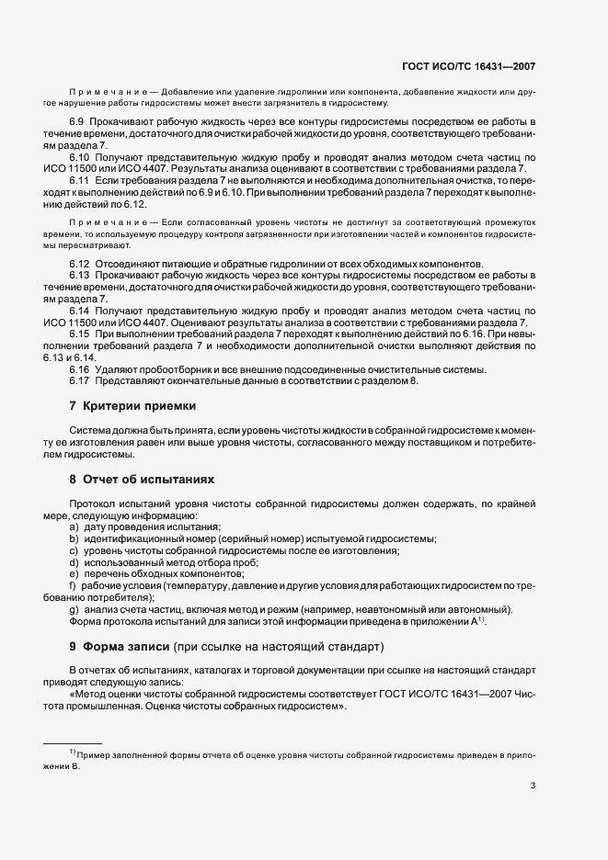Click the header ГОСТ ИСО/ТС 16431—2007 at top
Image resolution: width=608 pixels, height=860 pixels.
(469, 66)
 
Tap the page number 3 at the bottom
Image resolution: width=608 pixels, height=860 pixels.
(533, 786)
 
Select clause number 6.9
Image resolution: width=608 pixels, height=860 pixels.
(77, 122)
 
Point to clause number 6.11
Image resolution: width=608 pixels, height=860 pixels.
(79, 181)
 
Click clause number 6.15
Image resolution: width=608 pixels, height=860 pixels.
(79, 335)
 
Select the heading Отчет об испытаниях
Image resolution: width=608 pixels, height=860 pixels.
(148, 480)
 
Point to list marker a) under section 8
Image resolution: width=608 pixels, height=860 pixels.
(74, 527)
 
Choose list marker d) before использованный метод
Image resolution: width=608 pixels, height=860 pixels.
(74, 561)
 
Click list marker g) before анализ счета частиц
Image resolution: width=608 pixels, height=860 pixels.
(74, 611)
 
